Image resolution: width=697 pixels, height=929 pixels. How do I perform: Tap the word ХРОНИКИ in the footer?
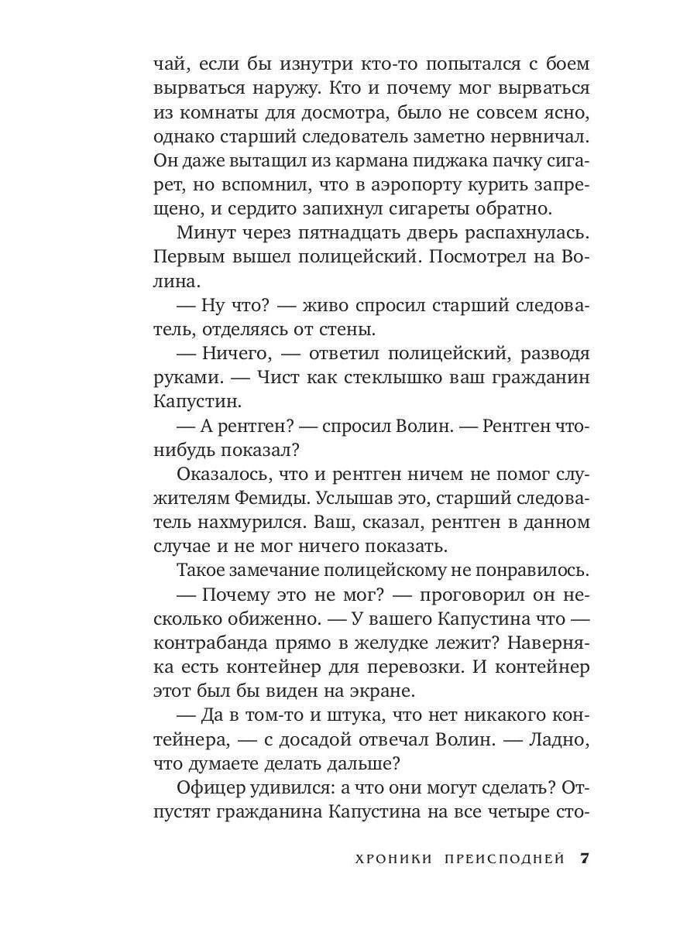pos(392,859)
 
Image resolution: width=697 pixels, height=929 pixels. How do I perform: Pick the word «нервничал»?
pos(534,140)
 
